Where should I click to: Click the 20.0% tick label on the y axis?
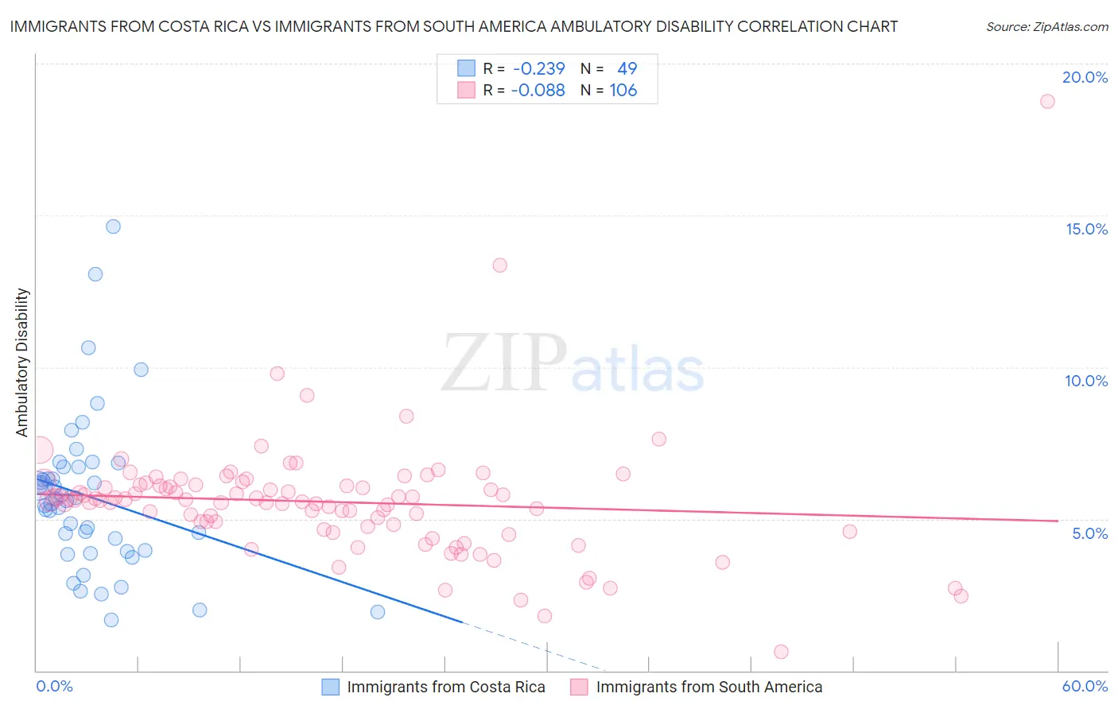click(x=1085, y=77)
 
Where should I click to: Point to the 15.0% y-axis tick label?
click(x=1086, y=229)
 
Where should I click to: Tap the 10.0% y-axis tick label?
click(x=1086, y=381)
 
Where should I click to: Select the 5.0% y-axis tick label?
click(x=1089, y=533)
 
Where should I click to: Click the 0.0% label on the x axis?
click(x=54, y=686)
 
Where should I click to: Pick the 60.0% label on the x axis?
click(x=1085, y=686)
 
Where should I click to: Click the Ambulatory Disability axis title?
click(x=22, y=362)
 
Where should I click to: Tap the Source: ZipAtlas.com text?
click(x=1046, y=26)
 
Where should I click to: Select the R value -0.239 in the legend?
click(x=538, y=68)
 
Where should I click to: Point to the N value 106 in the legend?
click(x=623, y=90)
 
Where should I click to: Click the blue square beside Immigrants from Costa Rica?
click(x=331, y=687)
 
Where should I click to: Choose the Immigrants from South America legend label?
click(x=709, y=687)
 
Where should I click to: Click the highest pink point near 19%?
click(x=1047, y=101)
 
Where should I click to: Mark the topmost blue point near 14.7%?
click(x=114, y=227)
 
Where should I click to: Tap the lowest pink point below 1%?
click(x=781, y=652)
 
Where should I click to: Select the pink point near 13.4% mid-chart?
click(x=500, y=265)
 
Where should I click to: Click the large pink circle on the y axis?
click(x=40, y=451)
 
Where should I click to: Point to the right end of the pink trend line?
click(x=1058, y=521)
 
